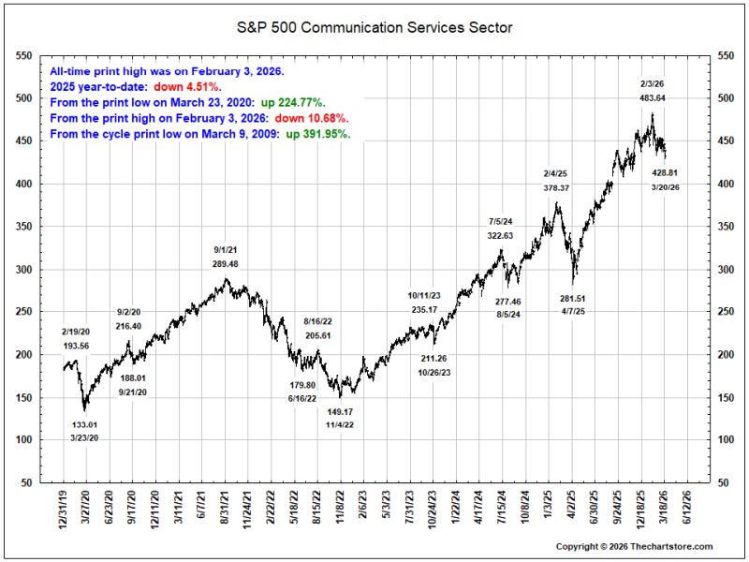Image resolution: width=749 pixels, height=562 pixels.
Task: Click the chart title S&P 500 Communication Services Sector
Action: coord(374,27)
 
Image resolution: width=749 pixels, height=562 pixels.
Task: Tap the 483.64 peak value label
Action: coord(652,98)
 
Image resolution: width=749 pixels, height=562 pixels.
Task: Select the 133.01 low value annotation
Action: coord(84,424)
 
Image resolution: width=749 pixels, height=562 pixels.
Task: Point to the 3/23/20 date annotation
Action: coord(84,437)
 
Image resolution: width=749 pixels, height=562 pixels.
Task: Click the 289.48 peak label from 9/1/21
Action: coord(225,263)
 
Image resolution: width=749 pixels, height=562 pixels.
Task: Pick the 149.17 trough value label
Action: coord(340,411)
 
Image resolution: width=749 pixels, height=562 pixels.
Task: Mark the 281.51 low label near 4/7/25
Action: coord(572,298)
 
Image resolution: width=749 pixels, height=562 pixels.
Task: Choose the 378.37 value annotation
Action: coord(556,188)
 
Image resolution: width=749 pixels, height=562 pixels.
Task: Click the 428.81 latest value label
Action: coord(665,172)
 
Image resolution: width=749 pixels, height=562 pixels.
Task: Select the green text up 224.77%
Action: coord(293,102)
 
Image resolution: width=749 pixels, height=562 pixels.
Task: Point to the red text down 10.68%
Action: coord(312,118)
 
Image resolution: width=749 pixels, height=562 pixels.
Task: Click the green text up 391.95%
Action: coord(318,134)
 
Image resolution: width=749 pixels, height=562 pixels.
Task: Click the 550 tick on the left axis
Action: coord(24,56)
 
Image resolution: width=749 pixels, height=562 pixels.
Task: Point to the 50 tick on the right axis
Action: coord(723,482)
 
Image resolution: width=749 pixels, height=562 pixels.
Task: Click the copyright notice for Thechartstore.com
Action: coord(634,546)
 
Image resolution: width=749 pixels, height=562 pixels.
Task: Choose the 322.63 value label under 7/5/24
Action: coord(500,235)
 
